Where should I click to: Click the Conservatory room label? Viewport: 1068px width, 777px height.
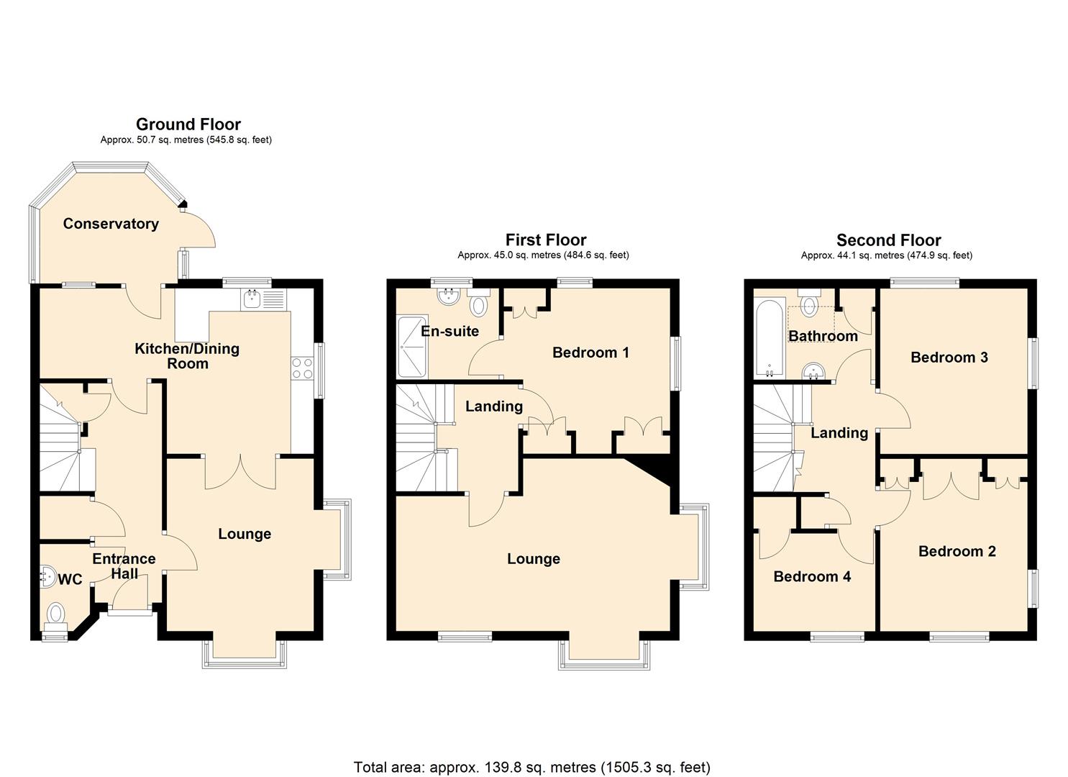tap(111, 224)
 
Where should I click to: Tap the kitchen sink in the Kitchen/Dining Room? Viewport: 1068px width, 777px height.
tap(252, 298)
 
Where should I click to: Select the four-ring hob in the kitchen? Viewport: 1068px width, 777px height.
tap(302, 368)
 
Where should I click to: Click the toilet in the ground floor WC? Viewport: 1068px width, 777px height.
tap(56, 616)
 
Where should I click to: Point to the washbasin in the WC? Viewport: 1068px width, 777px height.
tap(47, 574)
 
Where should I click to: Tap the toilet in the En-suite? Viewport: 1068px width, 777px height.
tap(478, 304)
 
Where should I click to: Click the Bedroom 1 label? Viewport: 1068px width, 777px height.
tap(590, 353)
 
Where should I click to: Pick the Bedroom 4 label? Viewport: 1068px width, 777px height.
tap(812, 576)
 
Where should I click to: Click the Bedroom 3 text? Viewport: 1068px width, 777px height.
tap(949, 358)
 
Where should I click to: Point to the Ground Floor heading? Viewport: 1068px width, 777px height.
tap(188, 124)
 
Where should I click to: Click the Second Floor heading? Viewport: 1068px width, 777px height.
tap(888, 240)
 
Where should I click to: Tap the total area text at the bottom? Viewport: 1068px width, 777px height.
tap(531, 767)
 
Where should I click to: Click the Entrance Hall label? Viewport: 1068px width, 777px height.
tap(124, 566)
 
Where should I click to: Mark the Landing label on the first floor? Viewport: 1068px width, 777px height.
tap(493, 406)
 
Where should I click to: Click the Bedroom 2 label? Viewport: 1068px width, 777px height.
tap(957, 552)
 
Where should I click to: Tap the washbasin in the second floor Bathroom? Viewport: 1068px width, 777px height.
tap(814, 371)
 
